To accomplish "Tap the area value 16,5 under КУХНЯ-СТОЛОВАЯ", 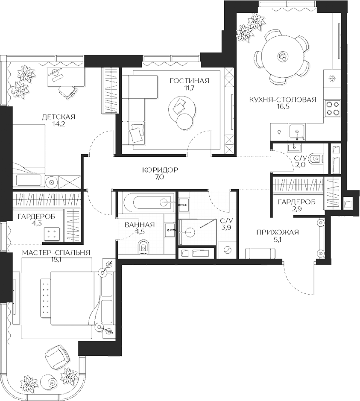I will click(x=282, y=107).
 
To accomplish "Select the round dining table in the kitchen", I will click(x=281, y=56).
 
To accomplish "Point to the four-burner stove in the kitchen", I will click(x=332, y=107).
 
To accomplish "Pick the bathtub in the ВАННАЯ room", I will click(x=146, y=201).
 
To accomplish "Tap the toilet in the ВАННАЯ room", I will click(x=144, y=247).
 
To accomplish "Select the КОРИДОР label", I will click(x=160, y=170).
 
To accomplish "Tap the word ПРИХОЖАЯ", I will click(x=277, y=232).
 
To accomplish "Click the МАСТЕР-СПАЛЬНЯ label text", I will click(x=56, y=252).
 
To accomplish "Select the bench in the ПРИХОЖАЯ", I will click(x=260, y=253).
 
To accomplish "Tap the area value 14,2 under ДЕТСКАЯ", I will click(x=59, y=124).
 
